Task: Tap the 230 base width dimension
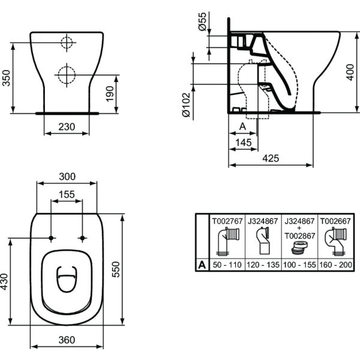click(67, 127)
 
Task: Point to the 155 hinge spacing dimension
click(67, 194)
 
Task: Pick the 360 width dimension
click(67, 340)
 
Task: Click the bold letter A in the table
click(203, 264)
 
